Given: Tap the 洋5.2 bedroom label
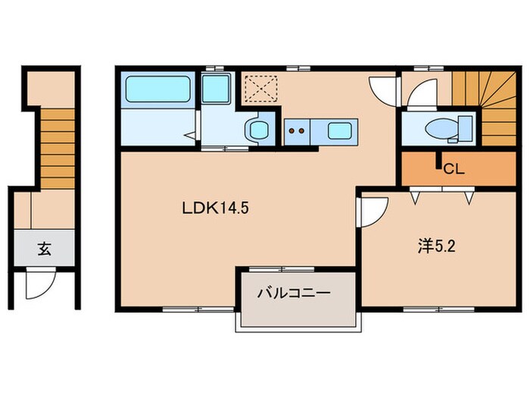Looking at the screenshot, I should tap(435, 246).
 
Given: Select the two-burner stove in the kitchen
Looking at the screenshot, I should tap(298, 130).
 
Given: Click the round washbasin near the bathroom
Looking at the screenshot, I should tap(257, 129).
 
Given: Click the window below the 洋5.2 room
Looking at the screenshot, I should tap(433, 308).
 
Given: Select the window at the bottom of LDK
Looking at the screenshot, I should tap(181, 308).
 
